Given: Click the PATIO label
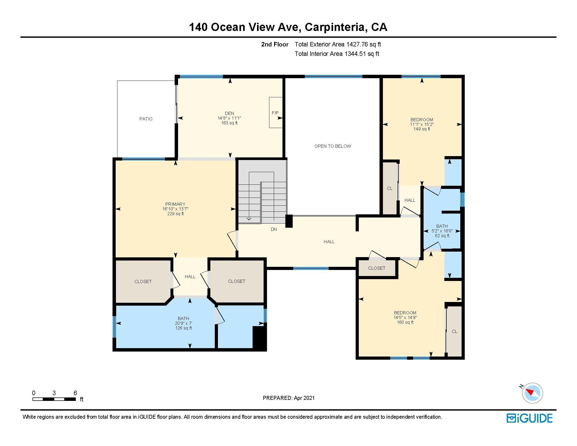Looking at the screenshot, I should point(146,119).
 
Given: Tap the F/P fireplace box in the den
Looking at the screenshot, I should point(276,113).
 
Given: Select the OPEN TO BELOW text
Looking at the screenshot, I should point(332,146).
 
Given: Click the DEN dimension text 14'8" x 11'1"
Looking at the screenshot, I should point(229,118).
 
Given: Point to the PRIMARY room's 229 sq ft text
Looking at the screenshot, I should point(175,214).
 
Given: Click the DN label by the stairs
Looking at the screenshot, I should point(274,229).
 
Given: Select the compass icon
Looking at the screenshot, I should point(532,393).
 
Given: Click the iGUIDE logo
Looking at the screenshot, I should point(529,418).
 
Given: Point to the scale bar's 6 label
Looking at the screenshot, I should point(75,393).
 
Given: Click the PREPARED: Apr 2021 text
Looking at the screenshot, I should point(288,398).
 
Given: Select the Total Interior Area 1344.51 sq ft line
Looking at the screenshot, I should point(337,54).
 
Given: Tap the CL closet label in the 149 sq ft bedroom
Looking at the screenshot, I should point(390,188).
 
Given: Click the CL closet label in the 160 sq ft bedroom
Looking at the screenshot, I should point(455,331).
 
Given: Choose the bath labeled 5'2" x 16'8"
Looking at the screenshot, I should point(442,231).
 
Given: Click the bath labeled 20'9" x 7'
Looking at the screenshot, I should point(183,323).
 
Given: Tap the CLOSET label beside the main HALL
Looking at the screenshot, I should point(377,268).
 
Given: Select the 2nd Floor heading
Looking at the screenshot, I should point(275,44).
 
